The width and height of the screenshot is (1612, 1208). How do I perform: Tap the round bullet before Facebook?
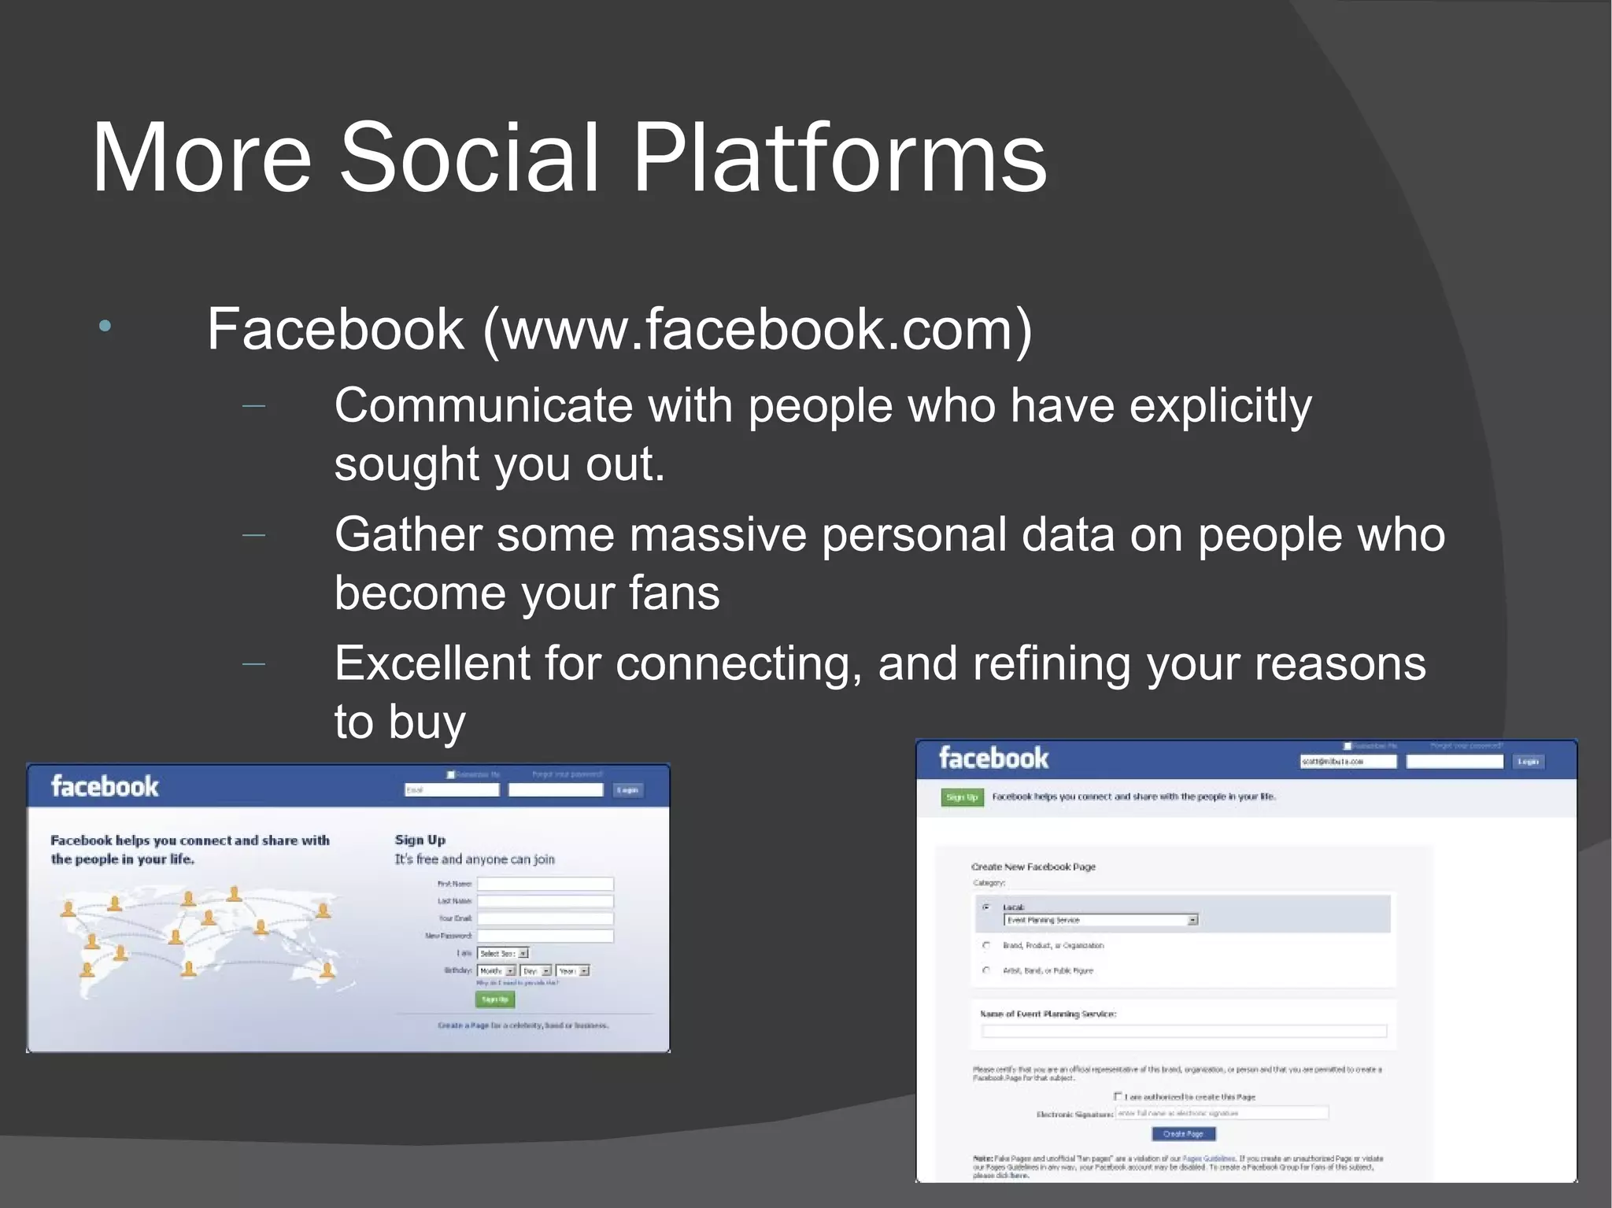coord(105,326)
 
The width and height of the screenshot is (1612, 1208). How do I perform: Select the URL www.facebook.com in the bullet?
coord(757,329)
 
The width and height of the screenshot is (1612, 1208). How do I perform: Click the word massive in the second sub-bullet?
coord(718,535)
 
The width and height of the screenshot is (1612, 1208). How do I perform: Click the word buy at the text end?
coord(427,722)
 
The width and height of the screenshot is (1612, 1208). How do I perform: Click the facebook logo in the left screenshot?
coord(105,786)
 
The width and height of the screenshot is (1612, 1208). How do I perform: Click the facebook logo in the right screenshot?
coord(993,758)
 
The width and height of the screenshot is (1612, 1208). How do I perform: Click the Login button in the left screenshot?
coord(627,790)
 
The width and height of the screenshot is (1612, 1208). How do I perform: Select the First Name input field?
coord(545,884)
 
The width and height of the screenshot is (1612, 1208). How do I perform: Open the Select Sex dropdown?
coord(503,953)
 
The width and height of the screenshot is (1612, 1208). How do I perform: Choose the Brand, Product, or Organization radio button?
coord(986,945)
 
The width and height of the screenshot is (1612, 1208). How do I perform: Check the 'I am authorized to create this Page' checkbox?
coord(1118,1095)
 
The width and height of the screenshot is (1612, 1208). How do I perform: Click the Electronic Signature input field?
coord(1221,1113)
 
